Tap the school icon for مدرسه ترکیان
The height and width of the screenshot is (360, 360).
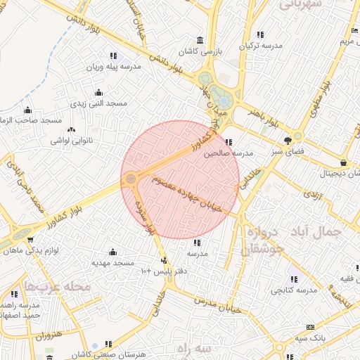point(260,34)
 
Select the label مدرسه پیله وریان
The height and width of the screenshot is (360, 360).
point(114,67)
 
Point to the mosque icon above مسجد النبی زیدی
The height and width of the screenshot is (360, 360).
point(98,92)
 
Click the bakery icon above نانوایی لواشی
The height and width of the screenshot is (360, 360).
point(70,129)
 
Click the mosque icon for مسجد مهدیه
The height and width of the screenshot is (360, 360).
point(112,252)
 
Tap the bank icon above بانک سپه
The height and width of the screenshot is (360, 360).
point(310,328)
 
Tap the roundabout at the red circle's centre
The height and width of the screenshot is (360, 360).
point(131,180)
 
